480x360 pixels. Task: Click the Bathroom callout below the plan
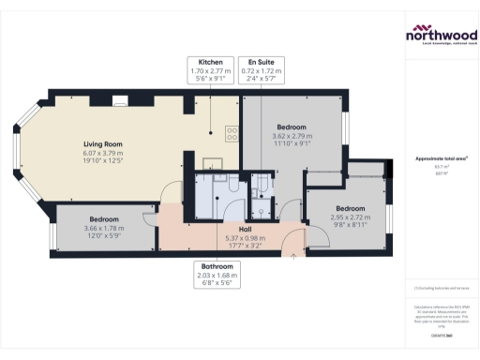217,277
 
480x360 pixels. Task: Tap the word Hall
245,229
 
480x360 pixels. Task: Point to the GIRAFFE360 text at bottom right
440,335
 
